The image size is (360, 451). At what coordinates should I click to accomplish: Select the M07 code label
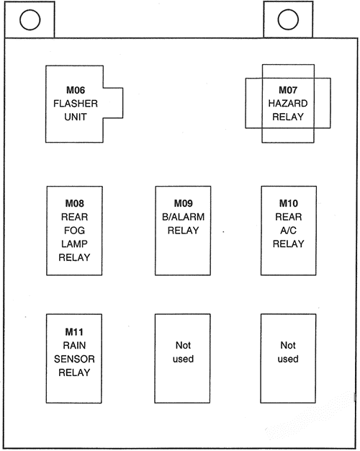coord(288,91)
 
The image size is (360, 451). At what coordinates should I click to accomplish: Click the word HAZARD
coord(288,104)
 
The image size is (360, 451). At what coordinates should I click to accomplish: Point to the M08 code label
coord(75,204)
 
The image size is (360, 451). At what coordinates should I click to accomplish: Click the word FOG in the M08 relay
coord(75,231)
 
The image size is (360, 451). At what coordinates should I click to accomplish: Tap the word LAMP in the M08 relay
coord(75,244)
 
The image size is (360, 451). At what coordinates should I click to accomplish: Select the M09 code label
coord(183,204)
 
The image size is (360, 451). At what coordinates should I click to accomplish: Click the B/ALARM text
coord(183,217)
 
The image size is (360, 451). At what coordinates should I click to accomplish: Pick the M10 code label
coord(288,204)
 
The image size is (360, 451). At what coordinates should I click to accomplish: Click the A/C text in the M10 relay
coord(288,231)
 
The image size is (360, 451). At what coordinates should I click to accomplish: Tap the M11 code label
coord(75,332)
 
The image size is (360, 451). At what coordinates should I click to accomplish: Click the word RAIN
coord(75,345)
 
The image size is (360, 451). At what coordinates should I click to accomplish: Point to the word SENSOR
coord(75,359)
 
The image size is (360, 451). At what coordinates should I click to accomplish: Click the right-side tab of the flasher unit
coord(114,103)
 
